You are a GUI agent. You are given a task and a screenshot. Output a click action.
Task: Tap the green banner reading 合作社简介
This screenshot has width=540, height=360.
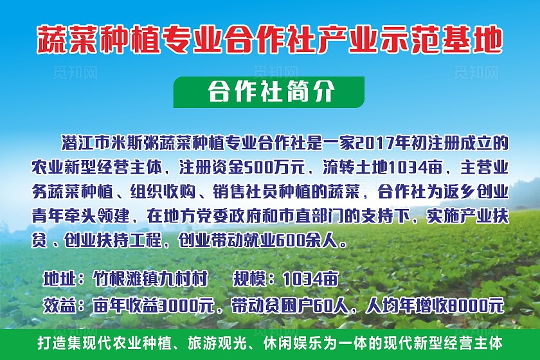pyautogui.click(x=269, y=92)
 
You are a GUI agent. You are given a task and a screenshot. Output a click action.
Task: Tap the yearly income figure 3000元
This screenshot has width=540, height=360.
pyautogui.click(x=186, y=303)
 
